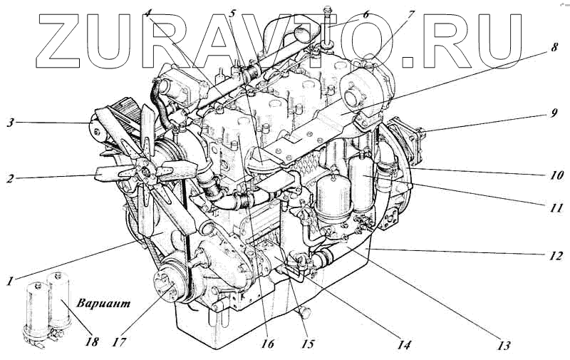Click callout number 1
point(11,281)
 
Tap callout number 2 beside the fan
point(11,178)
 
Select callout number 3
point(11,122)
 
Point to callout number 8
point(554,47)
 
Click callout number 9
point(553,113)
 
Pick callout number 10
point(556,175)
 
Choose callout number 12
point(556,256)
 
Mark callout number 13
point(504,345)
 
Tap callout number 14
point(404,344)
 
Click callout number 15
point(307,344)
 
